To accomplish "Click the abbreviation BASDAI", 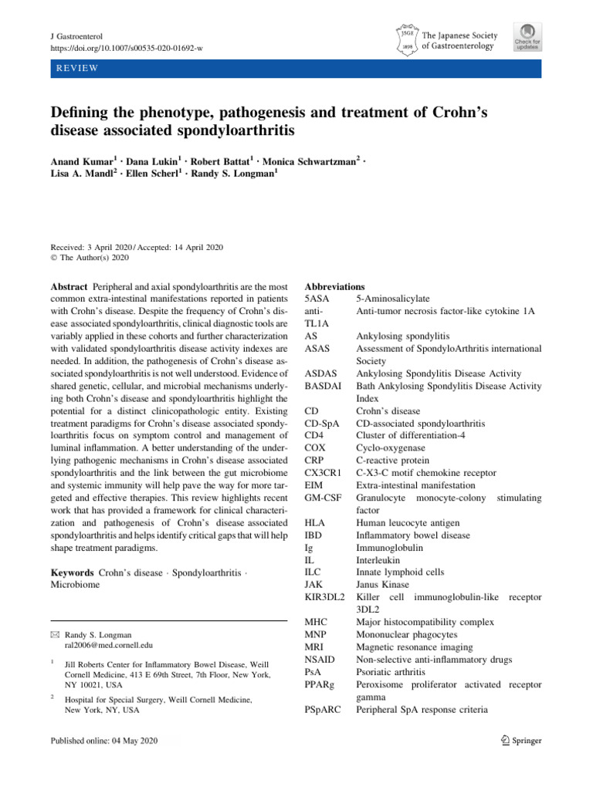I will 324,386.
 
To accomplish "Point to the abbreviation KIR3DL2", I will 325,597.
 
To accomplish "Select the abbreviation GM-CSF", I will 325,498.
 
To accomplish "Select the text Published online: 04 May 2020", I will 104,741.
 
